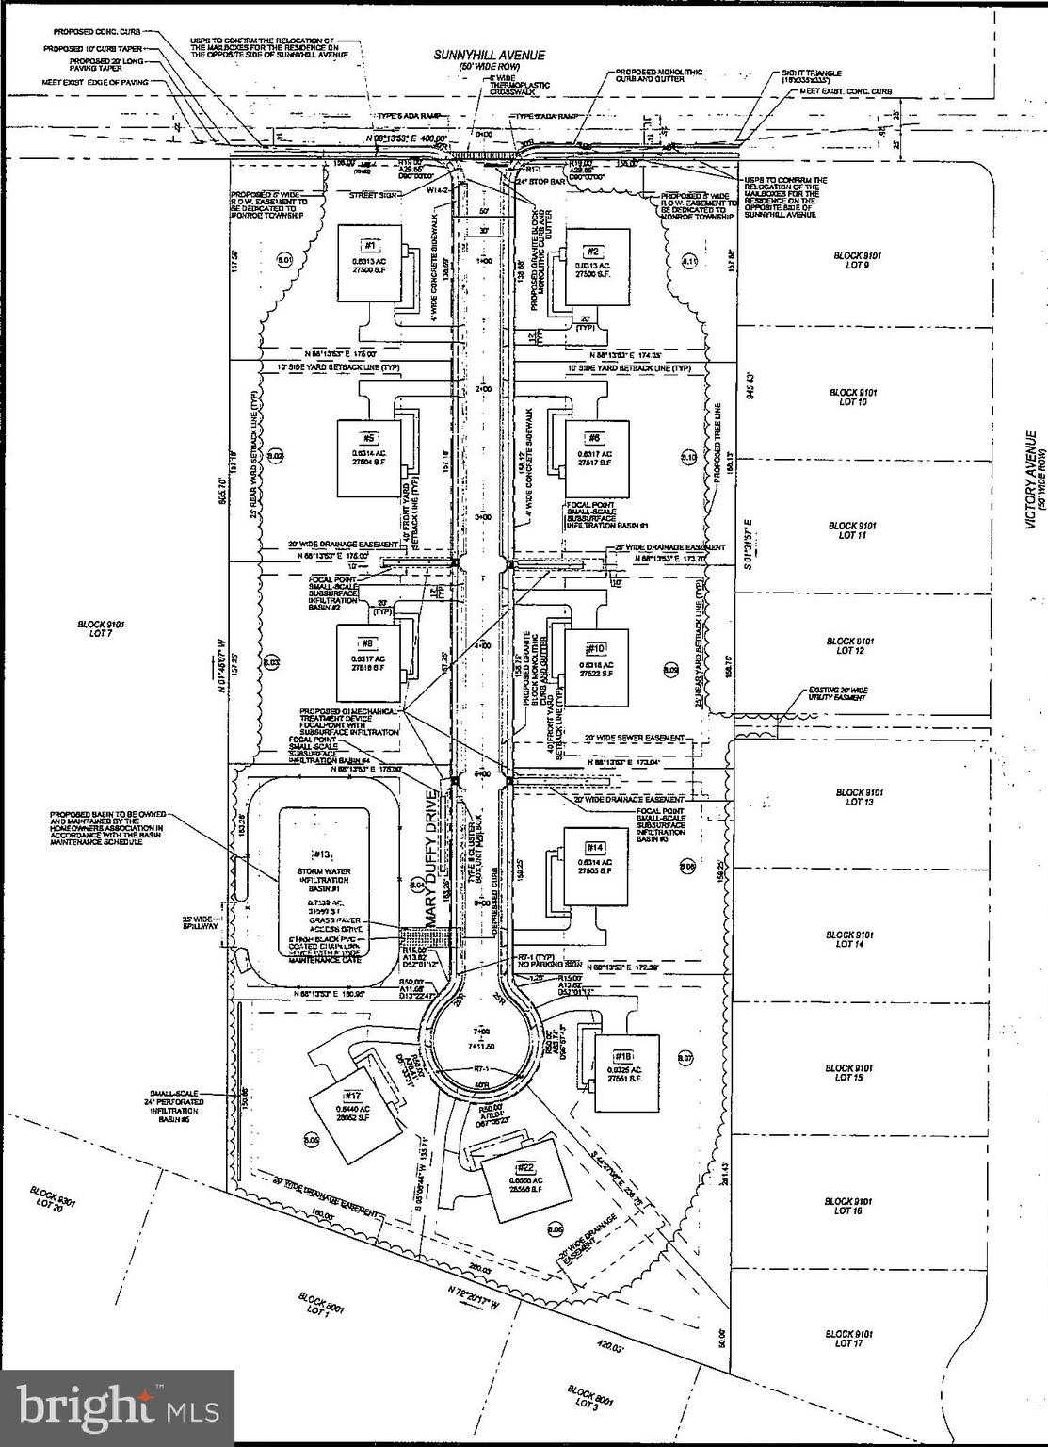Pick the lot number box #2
(x=593, y=251)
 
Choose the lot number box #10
(x=596, y=648)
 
